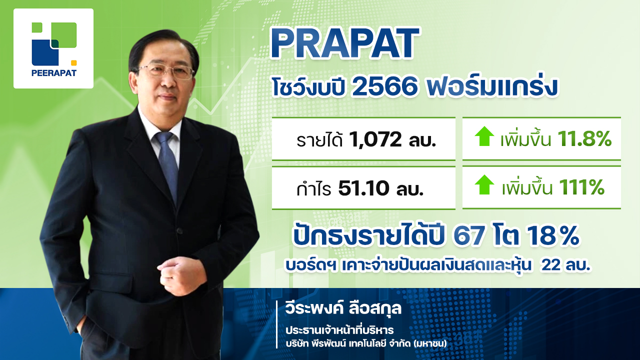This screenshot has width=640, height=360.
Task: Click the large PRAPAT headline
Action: pyautogui.click(x=345, y=43)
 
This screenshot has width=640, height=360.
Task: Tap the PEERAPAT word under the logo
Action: pyautogui.click(x=53, y=73)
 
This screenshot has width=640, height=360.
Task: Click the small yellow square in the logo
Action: pyautogui.click(x=73, y=63)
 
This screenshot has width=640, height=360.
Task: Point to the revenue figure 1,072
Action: pyautogui.click(x=375, y=140)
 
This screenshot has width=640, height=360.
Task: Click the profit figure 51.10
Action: pyautogui.click(x=363, y=188)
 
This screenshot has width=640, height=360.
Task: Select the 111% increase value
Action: pyautogui.click(x=581, y=187)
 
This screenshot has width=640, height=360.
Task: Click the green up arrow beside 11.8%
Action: pyautogui.click(x=484, y=136)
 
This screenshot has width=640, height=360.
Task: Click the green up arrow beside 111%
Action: pyautogui.click(x=484, y=184)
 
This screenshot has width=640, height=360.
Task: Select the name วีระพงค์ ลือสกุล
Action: pyautogui.click(x=343, y=308)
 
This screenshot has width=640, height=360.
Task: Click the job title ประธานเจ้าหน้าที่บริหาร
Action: pyautogui.click(x=339, y=330)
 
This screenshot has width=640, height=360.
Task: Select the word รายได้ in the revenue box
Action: pyautogui.click(x=319, y=140)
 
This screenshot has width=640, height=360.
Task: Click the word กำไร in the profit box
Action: pyautogui.click(x=314, y=188)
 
